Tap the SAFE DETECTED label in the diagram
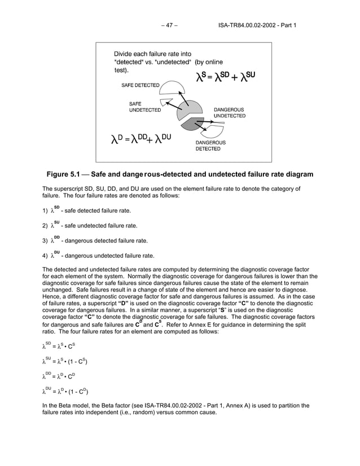pyautogui.click(x=141, y=85)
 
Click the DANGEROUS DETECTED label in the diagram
pyautogui.click(x=210, y=146)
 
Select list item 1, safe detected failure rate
pyautogui.click(x=90, y=210)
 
